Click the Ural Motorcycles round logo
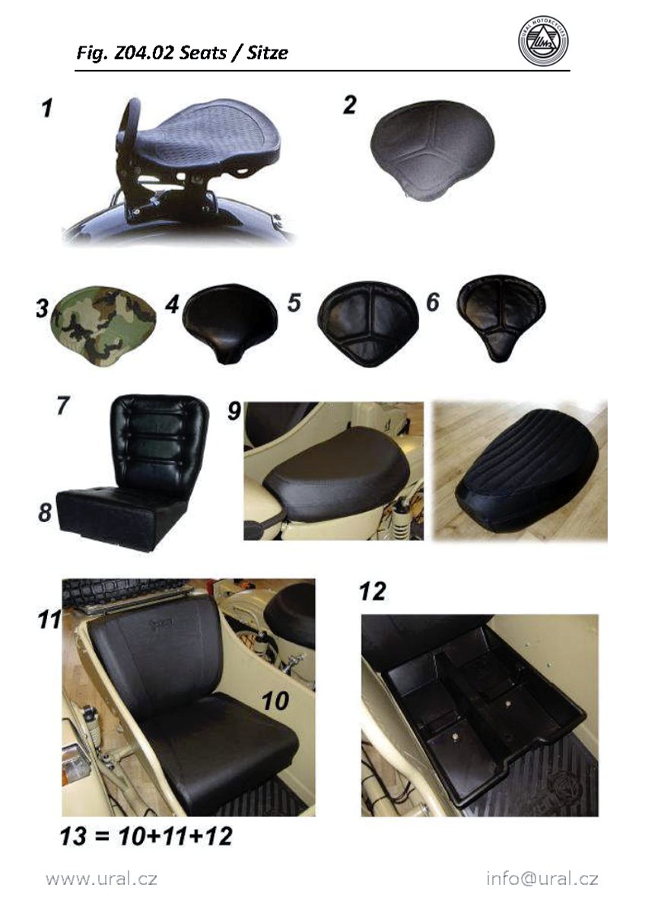click(x=543, y=42)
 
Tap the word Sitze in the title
click(x=267, y=53)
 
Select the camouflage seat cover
click(x=103, y=326)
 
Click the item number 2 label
click(x=350, y=105)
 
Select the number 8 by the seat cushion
click(x=45, y=512)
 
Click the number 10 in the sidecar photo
click(x=275, y=701)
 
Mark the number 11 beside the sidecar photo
click(x=49, y=619)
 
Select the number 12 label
click(x=373, y=591)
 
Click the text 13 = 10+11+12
click(x=146, y=836)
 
